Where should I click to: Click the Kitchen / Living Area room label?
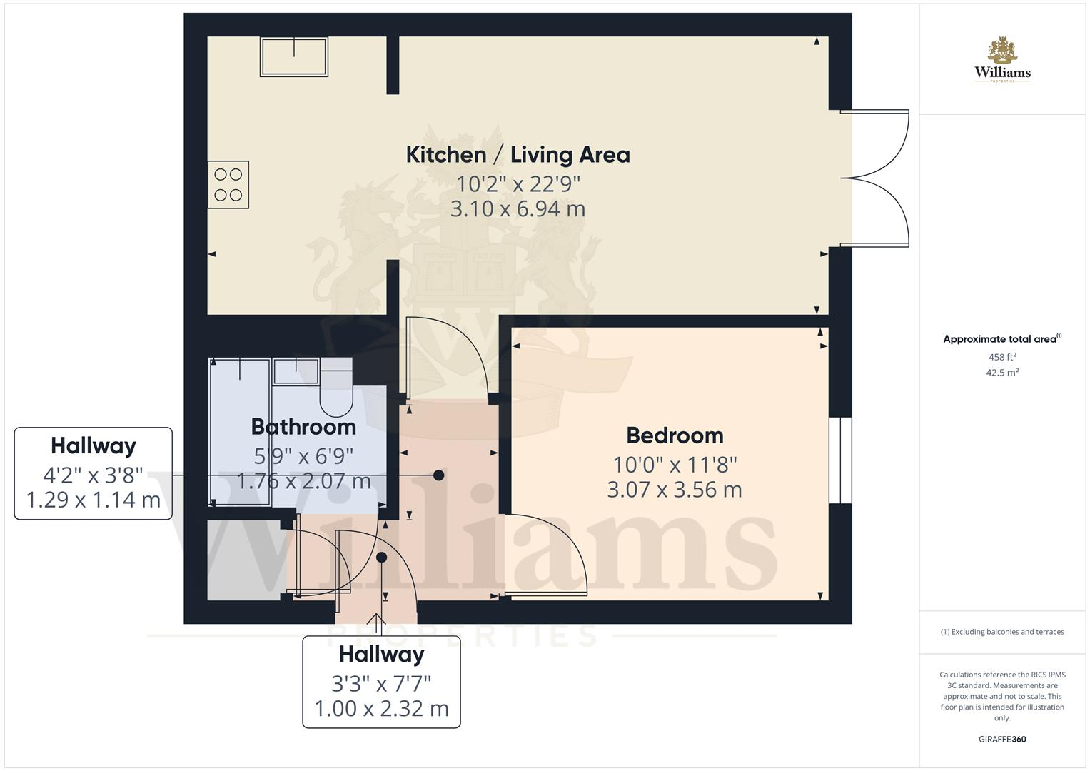coord(518,155)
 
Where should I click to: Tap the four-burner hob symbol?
coord(228,185)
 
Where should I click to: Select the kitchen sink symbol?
coord(294,57)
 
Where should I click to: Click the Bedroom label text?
coord(675,435)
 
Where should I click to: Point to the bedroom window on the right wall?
coord(840,460)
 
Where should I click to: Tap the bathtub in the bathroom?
coord(240,432)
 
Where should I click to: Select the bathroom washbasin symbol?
coord(296,371)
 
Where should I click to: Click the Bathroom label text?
coord(303,427)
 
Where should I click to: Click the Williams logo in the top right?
coord(1002,61)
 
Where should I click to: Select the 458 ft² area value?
coord(1002,357)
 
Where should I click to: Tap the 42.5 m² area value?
coord(1002,373)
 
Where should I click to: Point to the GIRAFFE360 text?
coord(1002,739)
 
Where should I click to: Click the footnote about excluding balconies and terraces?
coord(1002,632)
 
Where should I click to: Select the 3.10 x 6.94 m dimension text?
coord(518,209)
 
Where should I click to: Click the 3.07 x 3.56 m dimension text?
coord(675,490)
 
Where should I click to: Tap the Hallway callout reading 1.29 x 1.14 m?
coord(94,473)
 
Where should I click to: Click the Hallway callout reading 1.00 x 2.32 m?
coord(381,682)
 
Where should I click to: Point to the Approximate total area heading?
coord(1001,339)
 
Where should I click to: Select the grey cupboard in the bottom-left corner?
coord(243,561)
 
